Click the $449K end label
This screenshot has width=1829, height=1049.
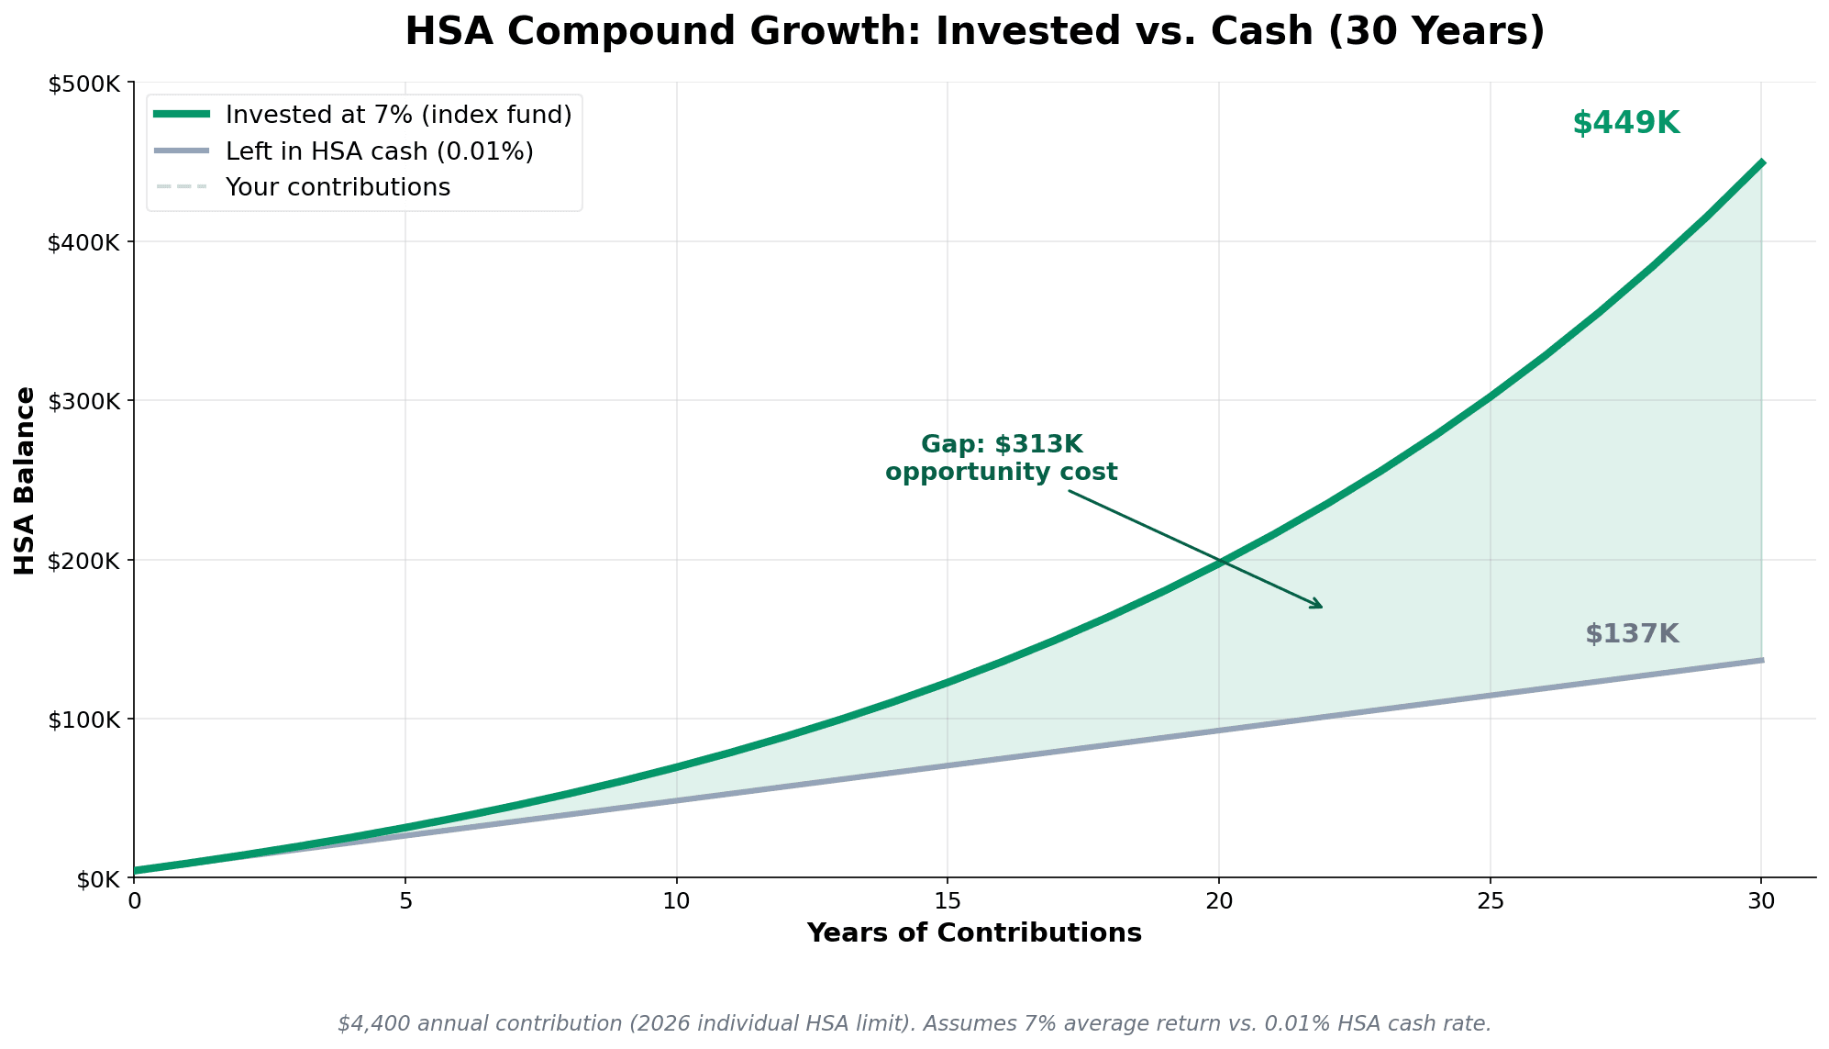click(x=1625, y=124)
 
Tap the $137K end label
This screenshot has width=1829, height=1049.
click(x=1632, y=634)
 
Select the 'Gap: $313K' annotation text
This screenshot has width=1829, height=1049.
click(x=1002, y=445)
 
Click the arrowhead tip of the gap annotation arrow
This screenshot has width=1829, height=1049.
click(x=1322, y=608)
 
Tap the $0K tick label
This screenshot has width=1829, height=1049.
click(x=96, y=879)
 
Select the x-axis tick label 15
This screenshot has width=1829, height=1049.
click(x=948, y=901)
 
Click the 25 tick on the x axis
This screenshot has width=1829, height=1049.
click(x=1490, y=901)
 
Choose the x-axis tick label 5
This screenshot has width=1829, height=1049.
click(x=405, y=901)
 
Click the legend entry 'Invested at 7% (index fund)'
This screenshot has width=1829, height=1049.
click(x=398, y=115)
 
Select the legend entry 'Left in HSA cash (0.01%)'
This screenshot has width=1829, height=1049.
click(x=379, y=151)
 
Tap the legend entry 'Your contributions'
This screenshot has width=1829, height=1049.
click(x=338, y=187)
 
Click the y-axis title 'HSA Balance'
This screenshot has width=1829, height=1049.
click(x=25, y=481)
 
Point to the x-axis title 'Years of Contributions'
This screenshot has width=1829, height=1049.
click(x=974, y=933)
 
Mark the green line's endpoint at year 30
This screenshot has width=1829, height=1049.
click(x=1761, y=162)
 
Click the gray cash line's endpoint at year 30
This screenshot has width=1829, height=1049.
click(x=1761, y=660)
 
